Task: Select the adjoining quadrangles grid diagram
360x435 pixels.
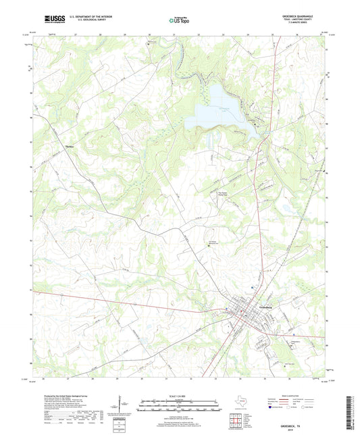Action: pos(236,419)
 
